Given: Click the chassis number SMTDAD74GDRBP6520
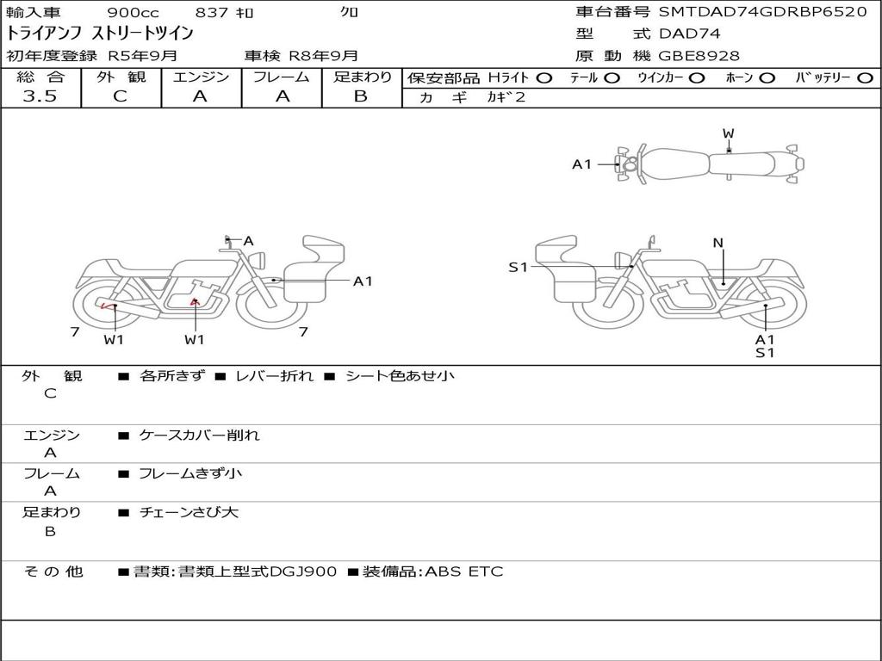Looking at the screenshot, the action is point(762,12).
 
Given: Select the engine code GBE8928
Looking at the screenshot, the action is point(699,56).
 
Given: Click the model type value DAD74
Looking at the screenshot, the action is point(689,34).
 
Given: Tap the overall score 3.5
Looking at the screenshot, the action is point(40,96).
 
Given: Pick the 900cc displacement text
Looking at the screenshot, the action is point(133,12).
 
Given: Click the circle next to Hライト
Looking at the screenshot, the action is point(544,77).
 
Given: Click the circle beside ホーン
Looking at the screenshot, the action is point(767,77).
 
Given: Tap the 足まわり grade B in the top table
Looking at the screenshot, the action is point(361,96).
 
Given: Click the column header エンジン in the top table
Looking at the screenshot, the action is point(201,77).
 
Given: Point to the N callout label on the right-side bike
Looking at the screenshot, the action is point(717,243).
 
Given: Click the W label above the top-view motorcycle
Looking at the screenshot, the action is point(728,133).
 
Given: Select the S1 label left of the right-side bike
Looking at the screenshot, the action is point(517,268).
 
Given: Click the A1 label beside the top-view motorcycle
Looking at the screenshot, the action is point(582,164).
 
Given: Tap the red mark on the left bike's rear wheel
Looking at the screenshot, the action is point(107,305).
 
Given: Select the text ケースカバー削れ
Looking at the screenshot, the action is point(199,436).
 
